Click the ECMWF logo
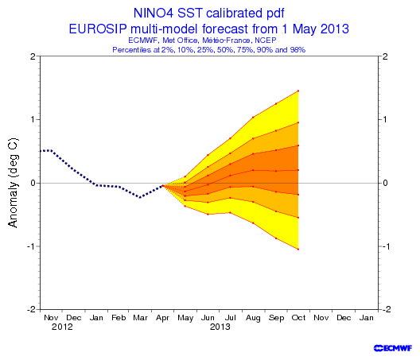point(393,348)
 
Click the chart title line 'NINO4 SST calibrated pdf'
point(208,13)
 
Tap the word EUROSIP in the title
point(98,29)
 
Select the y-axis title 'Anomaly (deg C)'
point(13,183)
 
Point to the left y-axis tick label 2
point(33,56)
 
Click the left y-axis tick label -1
point(32,246)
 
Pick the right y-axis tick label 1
point(385,119)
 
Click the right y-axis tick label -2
point(386,309)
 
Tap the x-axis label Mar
point(140,318)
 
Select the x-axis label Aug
point(253,318)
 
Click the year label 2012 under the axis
point(62,327)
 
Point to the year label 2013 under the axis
point(220,327)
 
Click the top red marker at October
point(298,91)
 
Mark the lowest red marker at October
point(298,250)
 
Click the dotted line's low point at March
point(140,197)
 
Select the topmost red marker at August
point(253,118)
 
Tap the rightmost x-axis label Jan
point(366,318)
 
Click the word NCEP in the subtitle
point(265,41)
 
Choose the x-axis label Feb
point(119,318)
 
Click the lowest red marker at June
point(208,214)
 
